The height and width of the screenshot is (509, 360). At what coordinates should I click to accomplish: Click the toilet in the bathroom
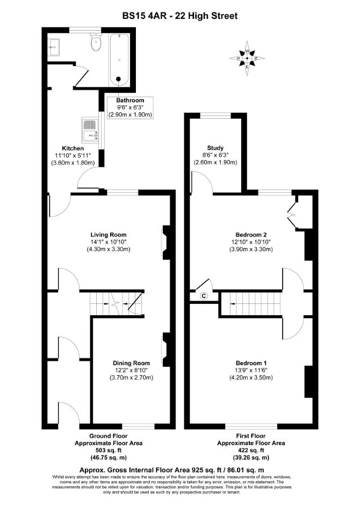click(x=96, y=42)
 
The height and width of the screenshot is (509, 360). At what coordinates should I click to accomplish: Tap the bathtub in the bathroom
click(x=119, y=60)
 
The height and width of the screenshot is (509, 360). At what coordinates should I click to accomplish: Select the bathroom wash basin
click(x=53, y=47)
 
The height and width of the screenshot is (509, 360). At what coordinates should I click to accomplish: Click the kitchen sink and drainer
click(x=90, y=130)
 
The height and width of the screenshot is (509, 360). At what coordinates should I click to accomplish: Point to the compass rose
click(x=247, y=59)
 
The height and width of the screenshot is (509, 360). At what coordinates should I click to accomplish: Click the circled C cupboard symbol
click(x=204, y=296)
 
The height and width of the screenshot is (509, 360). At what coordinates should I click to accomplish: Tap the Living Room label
click(x=109, y=235)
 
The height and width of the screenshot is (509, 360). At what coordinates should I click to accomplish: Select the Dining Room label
click(x=131, y=363)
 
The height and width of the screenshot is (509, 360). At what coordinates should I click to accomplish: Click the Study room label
click(x=215, y=148)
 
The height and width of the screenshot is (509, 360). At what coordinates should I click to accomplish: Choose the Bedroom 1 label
click(x=251, y=363)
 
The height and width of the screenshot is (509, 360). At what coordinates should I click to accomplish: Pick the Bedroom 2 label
click(x=251, y=235)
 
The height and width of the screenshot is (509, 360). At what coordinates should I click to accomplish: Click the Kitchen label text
click(x=73, y=148)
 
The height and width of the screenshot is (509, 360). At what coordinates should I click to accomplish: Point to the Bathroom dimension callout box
click(x=130, y=107)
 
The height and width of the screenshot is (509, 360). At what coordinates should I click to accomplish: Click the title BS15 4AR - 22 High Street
click(x=180, y=16)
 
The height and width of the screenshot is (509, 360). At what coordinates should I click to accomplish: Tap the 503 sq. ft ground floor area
click(x=109, y=450)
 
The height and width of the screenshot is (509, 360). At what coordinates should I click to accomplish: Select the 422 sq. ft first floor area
click(x=251, y=450)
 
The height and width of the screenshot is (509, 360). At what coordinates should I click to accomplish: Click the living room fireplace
click(x=166, y=243)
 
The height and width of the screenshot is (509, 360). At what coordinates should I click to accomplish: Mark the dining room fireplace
click(x=166, y=350)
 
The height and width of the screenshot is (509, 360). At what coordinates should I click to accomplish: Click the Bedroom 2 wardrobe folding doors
click(x=292, y=213)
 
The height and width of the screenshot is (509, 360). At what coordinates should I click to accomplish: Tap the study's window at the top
click(x=215, y=115)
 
